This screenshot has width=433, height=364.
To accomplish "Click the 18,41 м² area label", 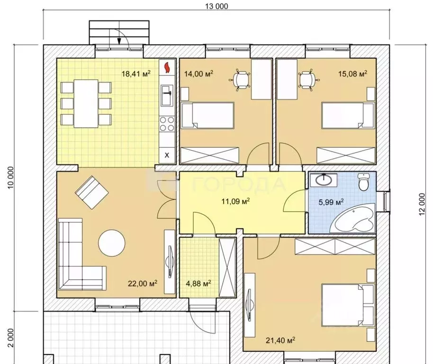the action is point(136,73).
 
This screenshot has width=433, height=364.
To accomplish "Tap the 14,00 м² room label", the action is point(198,73).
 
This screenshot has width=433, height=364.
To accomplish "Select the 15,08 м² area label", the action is point(352,73).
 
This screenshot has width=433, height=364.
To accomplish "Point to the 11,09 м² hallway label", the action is point(235,201).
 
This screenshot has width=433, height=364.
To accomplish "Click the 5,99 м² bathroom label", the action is point(331,202).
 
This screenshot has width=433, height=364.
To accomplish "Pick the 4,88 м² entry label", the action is point(198,283).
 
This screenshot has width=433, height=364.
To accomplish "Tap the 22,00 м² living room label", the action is point(143,283).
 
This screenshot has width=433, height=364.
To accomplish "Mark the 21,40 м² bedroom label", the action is point(280,340).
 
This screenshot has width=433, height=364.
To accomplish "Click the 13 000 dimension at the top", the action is point(216,6).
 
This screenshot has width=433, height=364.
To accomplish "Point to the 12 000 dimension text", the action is point(422,204).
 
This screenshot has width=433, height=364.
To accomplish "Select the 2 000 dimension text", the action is point(10,338).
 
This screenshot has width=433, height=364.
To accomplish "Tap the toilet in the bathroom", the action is point(363,182).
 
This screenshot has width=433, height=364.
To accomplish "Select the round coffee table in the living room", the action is point(112,243).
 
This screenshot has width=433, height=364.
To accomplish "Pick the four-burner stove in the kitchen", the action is point(167,124).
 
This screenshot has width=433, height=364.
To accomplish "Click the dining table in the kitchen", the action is point(86,104).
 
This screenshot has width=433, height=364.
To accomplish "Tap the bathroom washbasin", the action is point(324,180).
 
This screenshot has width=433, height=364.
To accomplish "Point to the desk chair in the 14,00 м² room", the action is point(240,80).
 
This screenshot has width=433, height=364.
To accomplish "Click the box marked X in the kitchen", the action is point(167,155).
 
